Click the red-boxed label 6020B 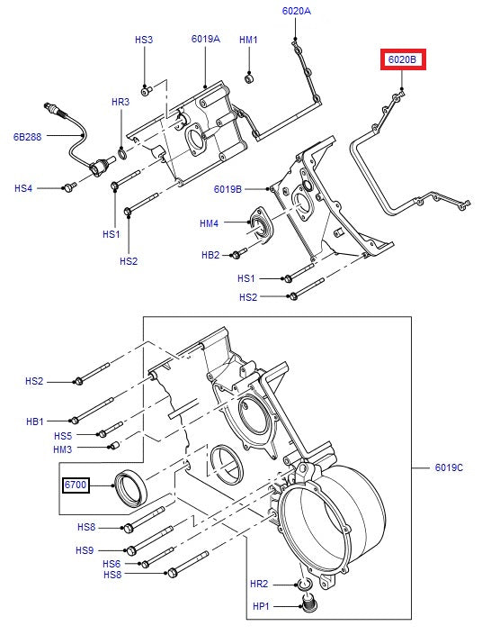click(x=402, y=60)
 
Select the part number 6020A click(x=296, y=11)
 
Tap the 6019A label click(x=205, y=40)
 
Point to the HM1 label click(x=248, y=40)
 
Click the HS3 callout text click(x=144, y=40)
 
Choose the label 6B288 click(x=27, y=138)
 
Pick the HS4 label click(x=23, y=188)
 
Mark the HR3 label click(x=121, y=103)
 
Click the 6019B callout click(x=228, y=189)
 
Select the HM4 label click(x=209, y=223)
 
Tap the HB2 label click(x=210, y=255)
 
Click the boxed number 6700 click(x=76, y=485)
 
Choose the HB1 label click(x=34, y=421)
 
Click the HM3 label click(x=62, y=449)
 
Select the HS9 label click(x=85, y=550)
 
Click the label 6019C click(x=449, y=467)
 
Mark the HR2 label click(x=258, y=585)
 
